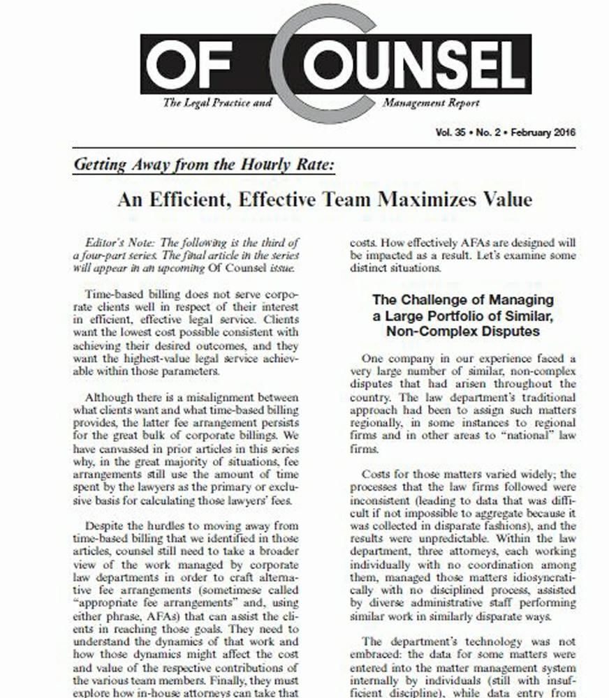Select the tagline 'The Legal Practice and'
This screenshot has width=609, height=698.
217,103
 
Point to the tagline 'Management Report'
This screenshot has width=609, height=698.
431,103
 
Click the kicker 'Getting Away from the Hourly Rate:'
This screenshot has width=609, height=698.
205,166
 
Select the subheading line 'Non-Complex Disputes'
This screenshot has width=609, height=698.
462,331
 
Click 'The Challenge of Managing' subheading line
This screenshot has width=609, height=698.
462,299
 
